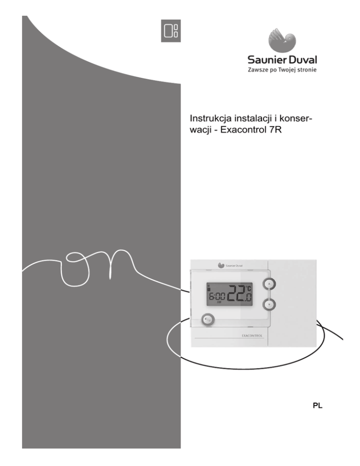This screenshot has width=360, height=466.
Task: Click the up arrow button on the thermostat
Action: point(268,284)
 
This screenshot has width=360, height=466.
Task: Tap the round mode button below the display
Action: point(208,320)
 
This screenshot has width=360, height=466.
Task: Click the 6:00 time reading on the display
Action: point(217,296)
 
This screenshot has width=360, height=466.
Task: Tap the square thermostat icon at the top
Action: point(170,31)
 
